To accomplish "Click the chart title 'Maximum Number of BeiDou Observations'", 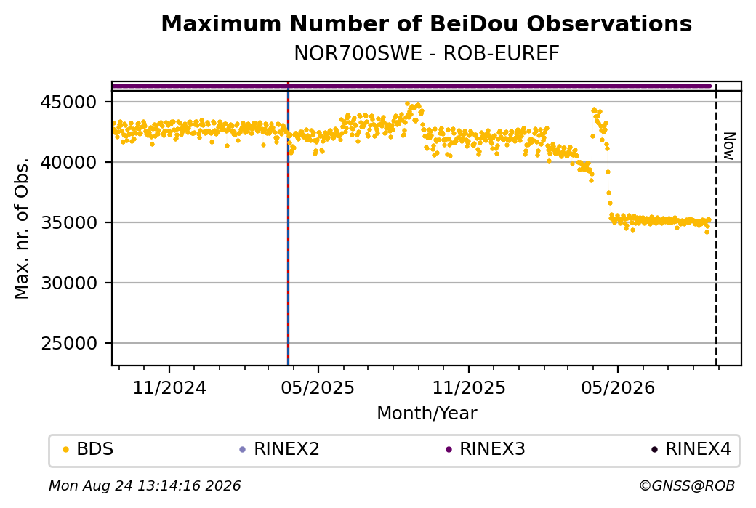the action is (426, 23).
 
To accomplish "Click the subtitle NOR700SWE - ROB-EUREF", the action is (426, 54).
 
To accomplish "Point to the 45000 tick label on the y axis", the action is (69, 102).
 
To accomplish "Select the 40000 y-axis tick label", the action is (69, 162).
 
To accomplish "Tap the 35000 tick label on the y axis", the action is (69, 222).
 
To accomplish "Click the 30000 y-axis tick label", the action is (69, 283).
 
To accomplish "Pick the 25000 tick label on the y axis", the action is (69, 343).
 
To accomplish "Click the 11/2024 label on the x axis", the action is (169, 388).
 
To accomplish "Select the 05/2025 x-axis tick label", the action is (318, 388).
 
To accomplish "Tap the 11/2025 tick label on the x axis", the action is (469, 388).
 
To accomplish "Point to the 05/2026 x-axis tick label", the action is (618, 388).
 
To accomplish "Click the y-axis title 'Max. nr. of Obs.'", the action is (22, 228).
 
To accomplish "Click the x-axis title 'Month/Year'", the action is (427, 414).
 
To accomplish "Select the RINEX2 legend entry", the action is (280, 449).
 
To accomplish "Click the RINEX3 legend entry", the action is (486, 449).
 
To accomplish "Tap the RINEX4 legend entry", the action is (691, 449).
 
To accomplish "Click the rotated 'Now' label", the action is (730, 147).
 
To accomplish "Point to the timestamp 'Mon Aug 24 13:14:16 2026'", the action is (145, 485).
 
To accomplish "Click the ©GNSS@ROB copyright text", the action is (687, 485).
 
